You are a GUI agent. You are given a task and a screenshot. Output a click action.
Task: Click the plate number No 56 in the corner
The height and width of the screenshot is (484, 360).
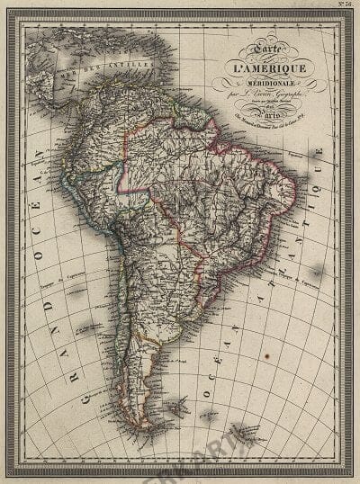tap(343, 6)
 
